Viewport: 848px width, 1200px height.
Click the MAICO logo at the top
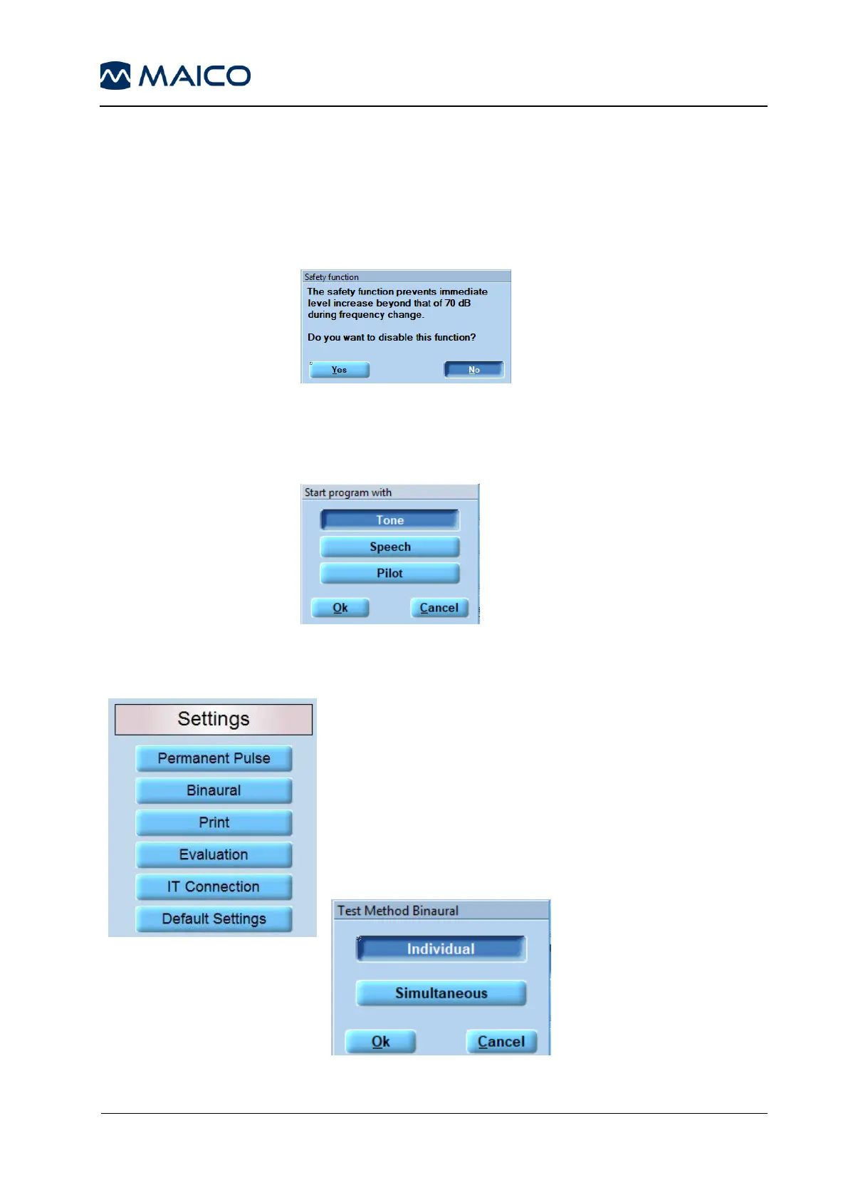coord(175,76)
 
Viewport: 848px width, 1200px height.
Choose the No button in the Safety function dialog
coord(474,369)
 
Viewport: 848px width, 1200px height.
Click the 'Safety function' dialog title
coord(332,276)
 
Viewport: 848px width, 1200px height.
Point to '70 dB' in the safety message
coord(458,303)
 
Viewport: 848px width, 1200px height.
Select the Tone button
coord(389,520)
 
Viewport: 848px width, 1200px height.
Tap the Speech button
coord(389,547)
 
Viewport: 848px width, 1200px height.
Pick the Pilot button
coord(389,573)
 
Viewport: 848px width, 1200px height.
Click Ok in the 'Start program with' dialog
coord(340,608)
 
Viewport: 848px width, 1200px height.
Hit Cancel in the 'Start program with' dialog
coord(439,608)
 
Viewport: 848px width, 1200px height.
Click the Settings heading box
coord(214,719)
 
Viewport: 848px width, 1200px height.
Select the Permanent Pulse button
coord(214,758)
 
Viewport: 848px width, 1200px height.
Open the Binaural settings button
coord(214,790)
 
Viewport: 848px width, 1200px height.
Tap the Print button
coord(214,822)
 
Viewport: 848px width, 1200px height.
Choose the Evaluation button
coord(214,854)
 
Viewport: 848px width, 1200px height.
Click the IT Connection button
coord(214,886)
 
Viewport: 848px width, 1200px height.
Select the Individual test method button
coord(441,948)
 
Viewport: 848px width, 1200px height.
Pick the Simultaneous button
coord(441,993)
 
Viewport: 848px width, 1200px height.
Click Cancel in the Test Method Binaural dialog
coord(501,1042)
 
